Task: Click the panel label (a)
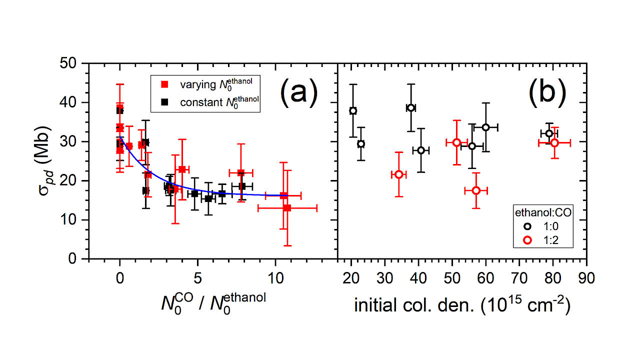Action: click(x=298, y=92)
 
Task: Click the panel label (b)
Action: click(x=546, y=92)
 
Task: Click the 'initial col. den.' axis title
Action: click(x=462, y=304)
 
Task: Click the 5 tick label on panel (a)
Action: click(x=197, y=277)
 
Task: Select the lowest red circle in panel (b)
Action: click(x=476, y=190)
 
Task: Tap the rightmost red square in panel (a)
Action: click(x=287, y=207)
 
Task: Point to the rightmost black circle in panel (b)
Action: click(x=549, y=133)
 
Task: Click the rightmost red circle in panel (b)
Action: click(x=554, y=143)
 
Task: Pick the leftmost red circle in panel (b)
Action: click(x=398, y=174)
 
